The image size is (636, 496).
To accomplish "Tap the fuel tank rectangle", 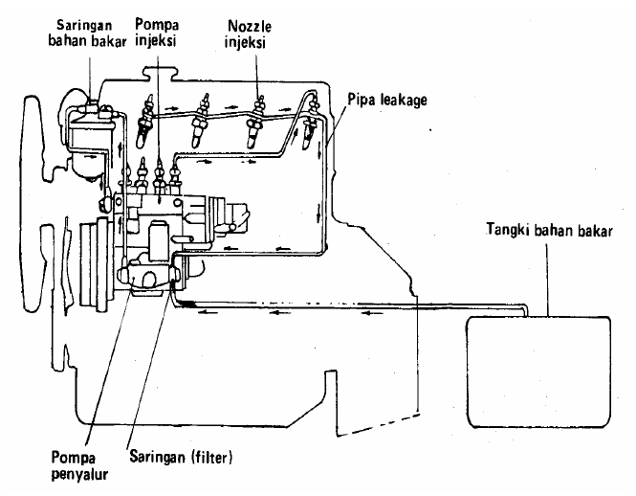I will click(x=537, y=371).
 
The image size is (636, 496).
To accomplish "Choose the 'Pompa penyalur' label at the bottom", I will click(x=81, y=462).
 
